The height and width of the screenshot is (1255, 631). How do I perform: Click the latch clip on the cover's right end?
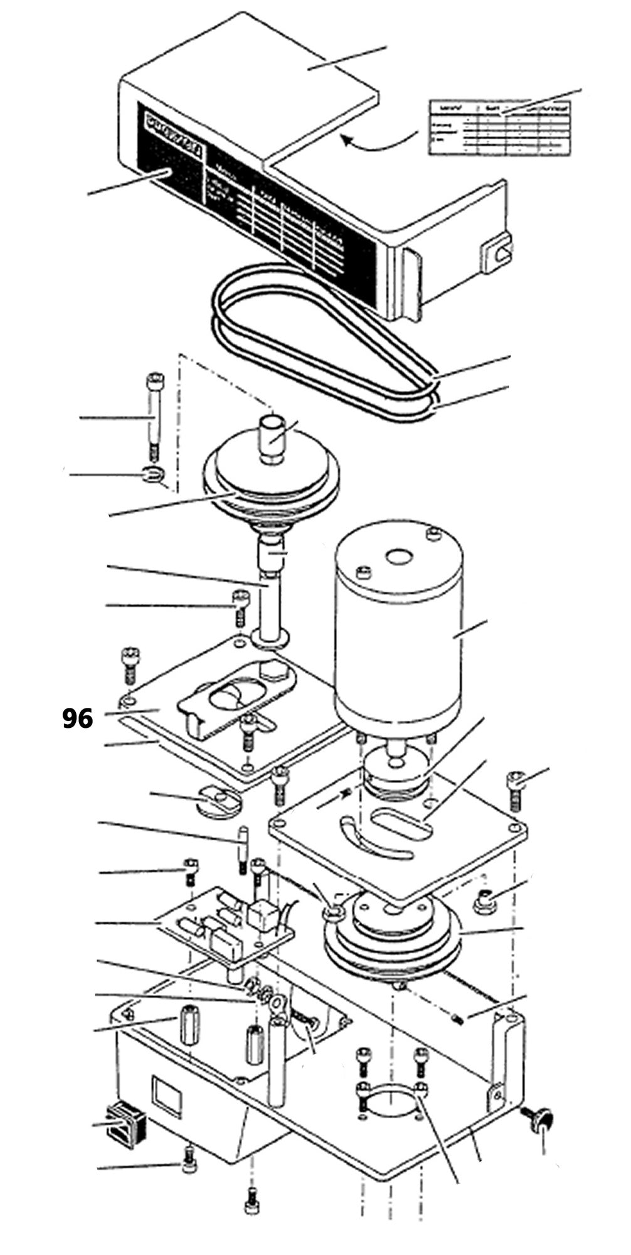tap(497, 254)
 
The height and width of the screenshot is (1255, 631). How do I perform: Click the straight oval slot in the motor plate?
tap(401, 823)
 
